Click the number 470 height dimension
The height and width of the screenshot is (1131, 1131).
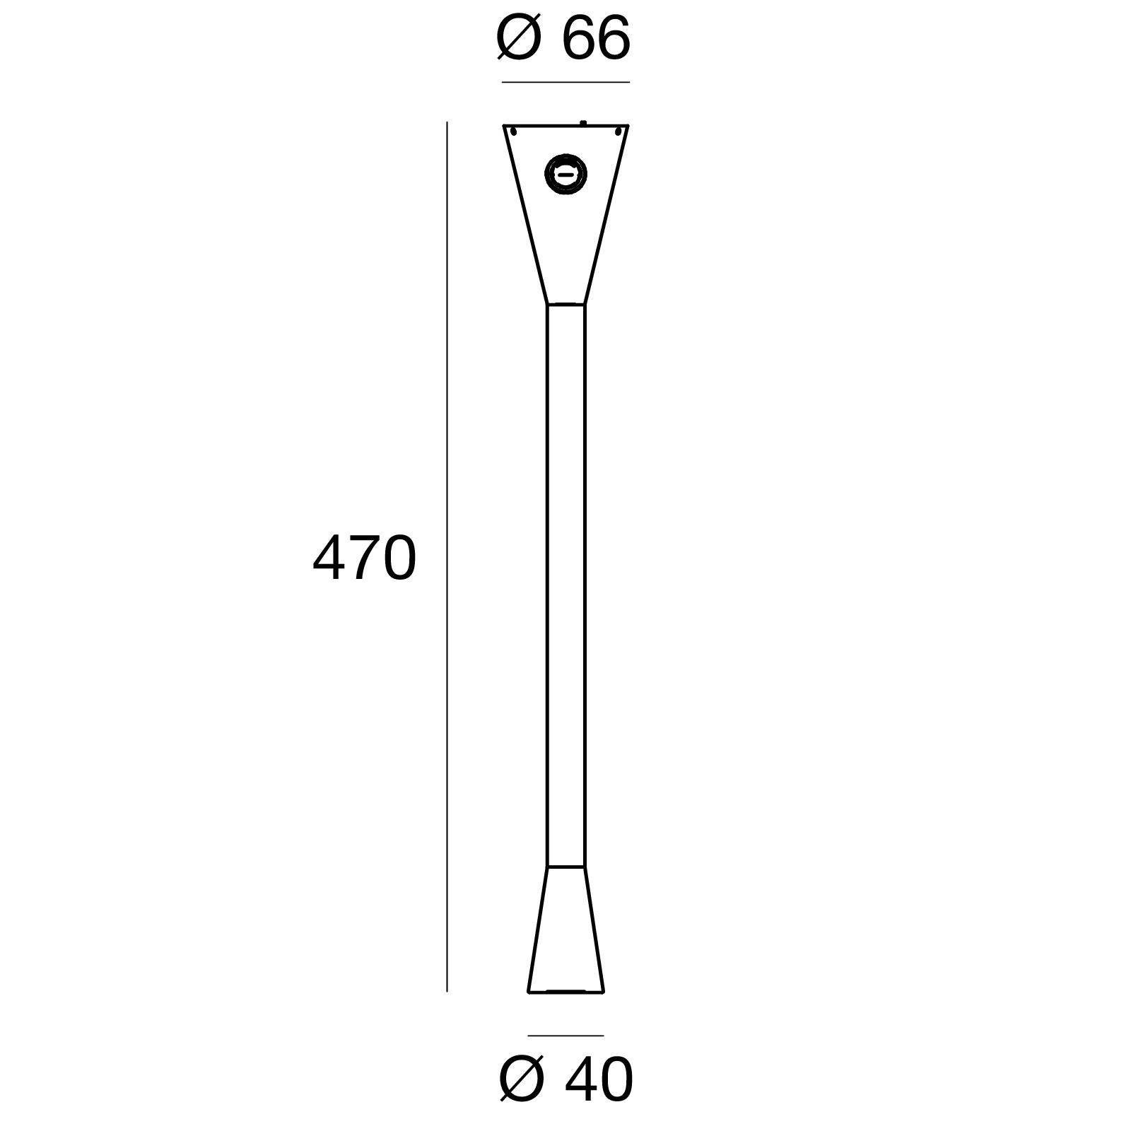tap(365, 558)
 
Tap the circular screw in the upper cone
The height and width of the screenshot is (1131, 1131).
tap(565, 173)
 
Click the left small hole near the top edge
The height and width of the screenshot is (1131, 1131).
tap(514, 131)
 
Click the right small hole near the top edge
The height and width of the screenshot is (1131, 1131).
tap(618, 131)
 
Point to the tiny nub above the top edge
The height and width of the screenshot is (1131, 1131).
tap(582, 123)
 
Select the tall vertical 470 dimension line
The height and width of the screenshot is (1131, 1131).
tap(447, 558)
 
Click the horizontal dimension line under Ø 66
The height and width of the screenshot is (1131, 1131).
tap(565, 83)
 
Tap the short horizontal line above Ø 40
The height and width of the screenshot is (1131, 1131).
tap(565, 1036)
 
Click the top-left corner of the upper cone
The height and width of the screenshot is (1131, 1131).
tap(504, 127)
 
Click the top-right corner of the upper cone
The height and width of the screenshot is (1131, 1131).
tap(628, 127)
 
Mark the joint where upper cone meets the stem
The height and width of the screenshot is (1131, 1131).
tap(565, 305)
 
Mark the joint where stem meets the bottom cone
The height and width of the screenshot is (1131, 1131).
tap(565, 866)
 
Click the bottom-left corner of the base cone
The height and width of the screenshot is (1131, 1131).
tap(529, 991)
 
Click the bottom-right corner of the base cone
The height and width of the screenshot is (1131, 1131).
tap(604, 991)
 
